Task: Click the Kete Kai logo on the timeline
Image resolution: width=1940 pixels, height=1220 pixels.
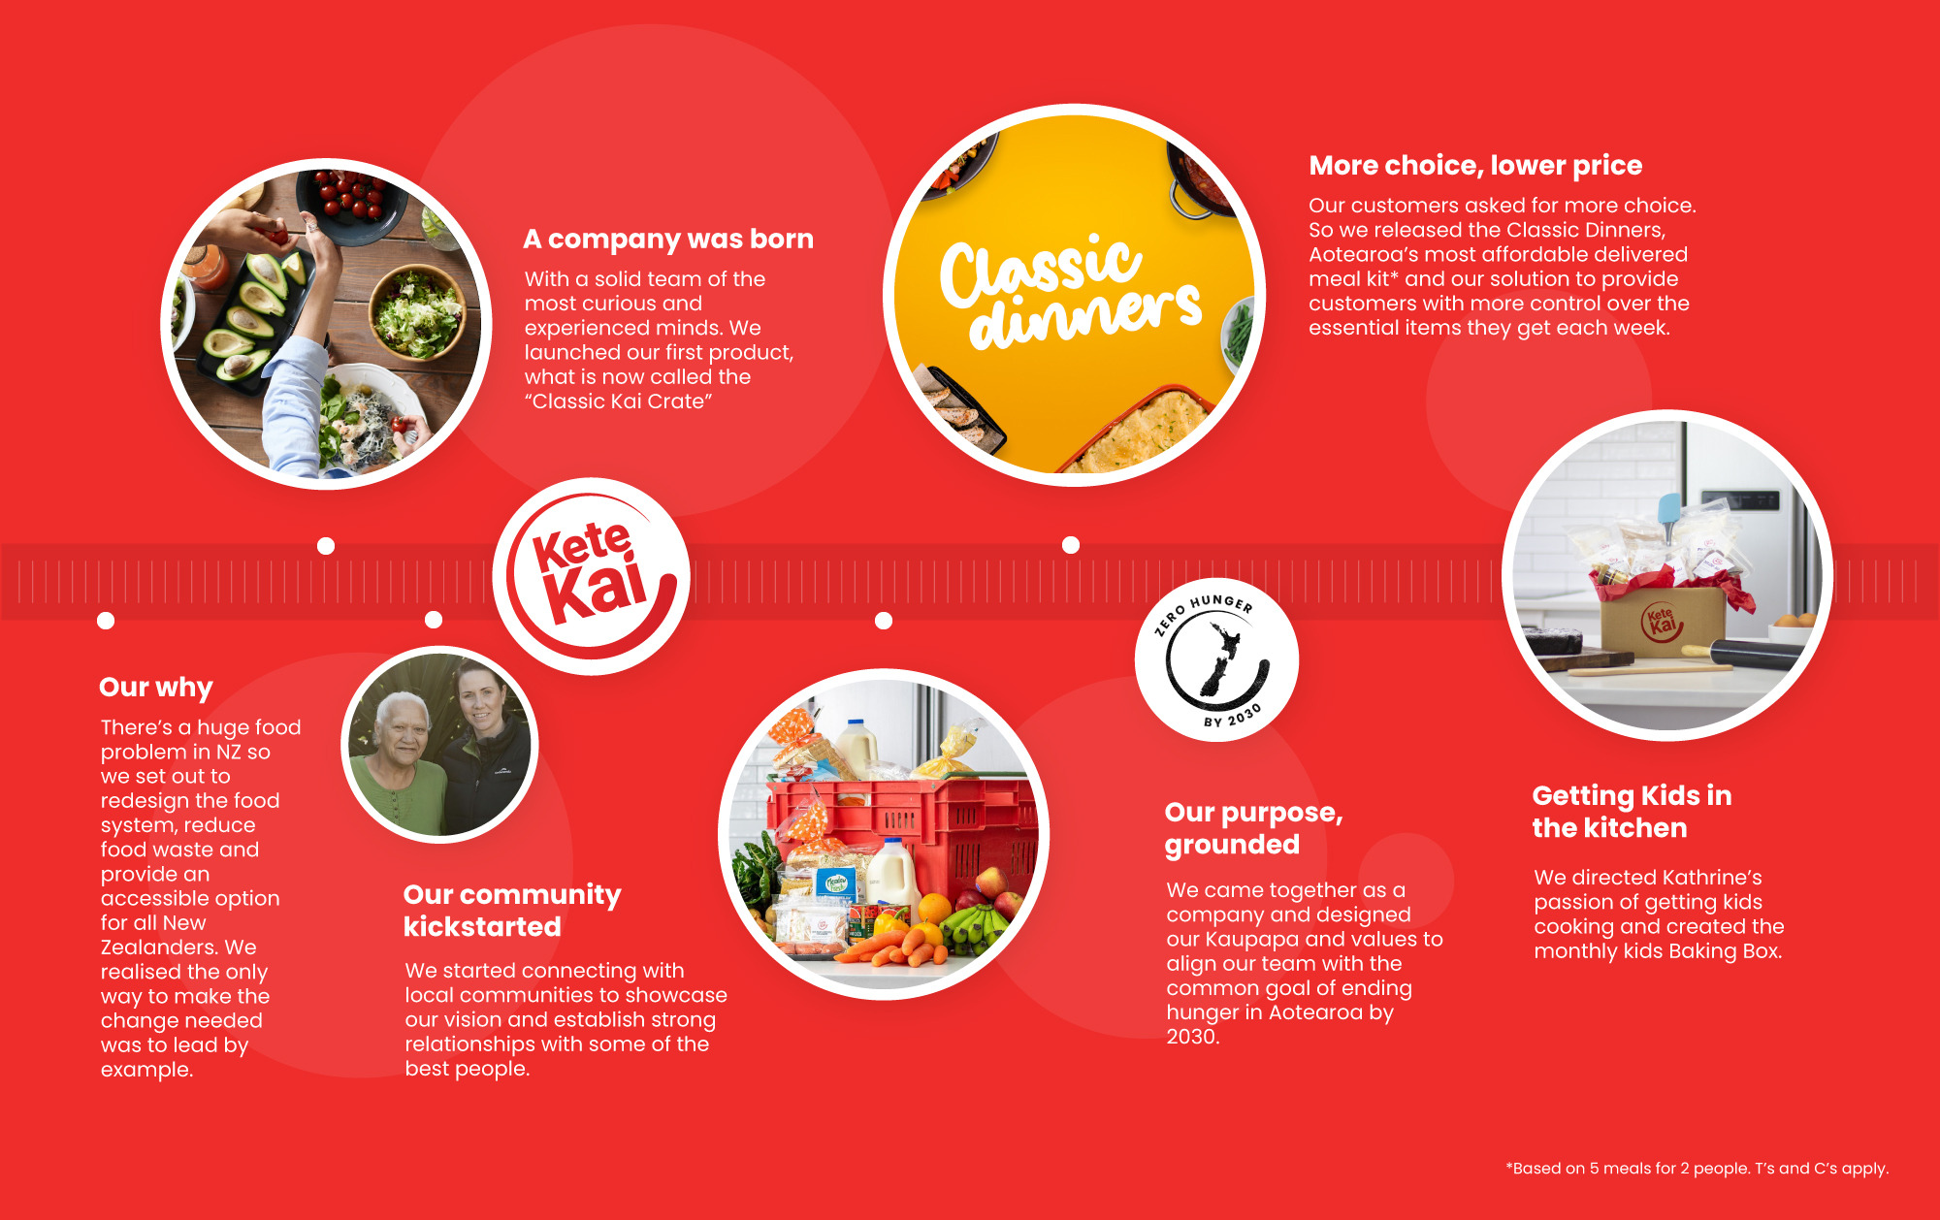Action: [591, 576]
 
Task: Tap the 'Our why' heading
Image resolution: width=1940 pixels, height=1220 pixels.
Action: [155, 687]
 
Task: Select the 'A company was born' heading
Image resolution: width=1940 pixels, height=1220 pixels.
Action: [668, 239]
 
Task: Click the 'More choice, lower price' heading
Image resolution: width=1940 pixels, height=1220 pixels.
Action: [1475, 166]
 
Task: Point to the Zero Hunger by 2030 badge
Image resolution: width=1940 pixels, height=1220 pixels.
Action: [1216, 659]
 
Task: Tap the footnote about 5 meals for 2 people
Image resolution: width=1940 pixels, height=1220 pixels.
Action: [1697, 1169]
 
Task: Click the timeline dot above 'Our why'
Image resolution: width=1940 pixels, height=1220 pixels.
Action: [106, 621]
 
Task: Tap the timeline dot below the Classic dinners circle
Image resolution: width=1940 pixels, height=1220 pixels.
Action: [1071, 545]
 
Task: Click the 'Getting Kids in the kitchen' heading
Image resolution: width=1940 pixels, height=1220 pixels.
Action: [1632, 812]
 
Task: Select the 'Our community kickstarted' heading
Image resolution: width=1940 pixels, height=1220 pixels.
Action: [512, 910]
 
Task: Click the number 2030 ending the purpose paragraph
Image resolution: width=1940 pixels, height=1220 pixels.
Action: [1193, 1037]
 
